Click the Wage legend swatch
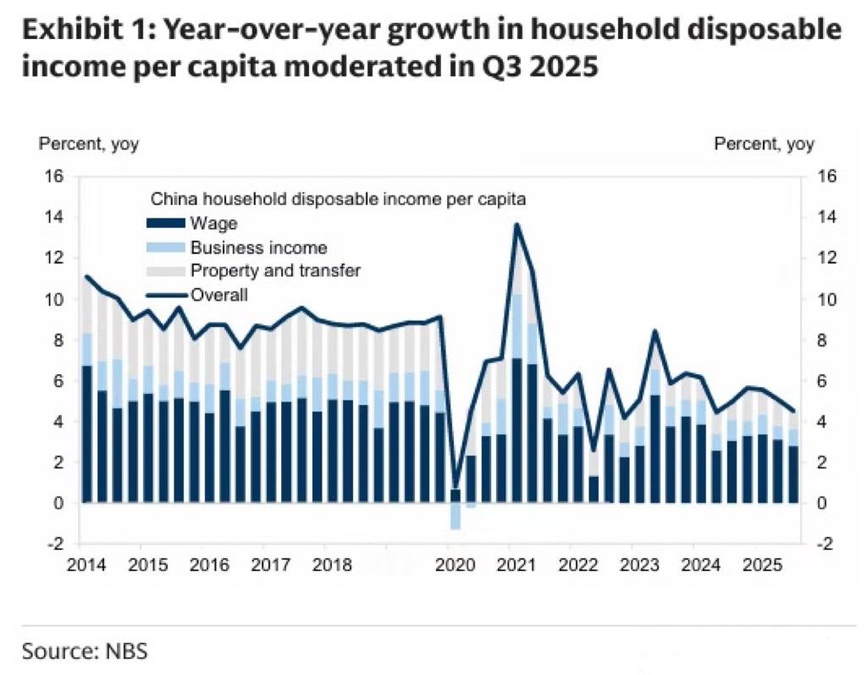163,224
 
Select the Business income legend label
258,248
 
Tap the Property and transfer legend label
276,271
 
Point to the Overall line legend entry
219,295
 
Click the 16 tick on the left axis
54,177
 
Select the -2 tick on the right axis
826,544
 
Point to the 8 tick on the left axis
58,340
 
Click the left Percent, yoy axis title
89,144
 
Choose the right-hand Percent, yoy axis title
765,144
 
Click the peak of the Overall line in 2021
516,224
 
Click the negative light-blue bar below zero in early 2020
456,516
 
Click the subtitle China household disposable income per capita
338,201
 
